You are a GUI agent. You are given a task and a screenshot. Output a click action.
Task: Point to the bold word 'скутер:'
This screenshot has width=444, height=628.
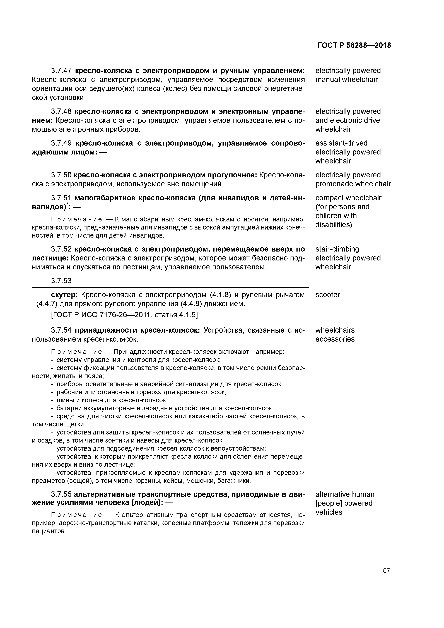(65, 295)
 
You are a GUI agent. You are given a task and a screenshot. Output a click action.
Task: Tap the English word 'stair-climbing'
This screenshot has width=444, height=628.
(337, 249)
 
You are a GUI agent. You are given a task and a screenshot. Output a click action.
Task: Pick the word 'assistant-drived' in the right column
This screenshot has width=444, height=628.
(341, 143)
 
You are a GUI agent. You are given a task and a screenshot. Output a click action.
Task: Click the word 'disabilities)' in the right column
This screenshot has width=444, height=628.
(334, 225)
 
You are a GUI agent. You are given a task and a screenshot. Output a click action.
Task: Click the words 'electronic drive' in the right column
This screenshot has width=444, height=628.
(355, 120)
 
